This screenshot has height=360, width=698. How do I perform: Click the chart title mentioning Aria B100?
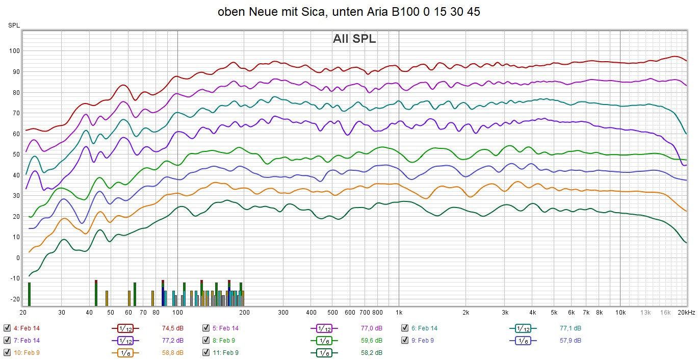(349, 12)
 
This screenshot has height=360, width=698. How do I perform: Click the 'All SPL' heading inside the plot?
(354, 39)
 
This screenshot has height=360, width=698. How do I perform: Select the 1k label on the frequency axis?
(399, 312)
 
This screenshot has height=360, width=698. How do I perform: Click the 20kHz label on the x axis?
(686, 312)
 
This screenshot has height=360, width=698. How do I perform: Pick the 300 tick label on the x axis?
(283, 312)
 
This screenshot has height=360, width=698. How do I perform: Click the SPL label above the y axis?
(14, 25)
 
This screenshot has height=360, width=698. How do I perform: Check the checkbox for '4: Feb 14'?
(7, 328)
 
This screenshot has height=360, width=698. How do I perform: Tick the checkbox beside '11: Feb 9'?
(206, 352)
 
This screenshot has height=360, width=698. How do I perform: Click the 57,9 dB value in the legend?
(570, 340)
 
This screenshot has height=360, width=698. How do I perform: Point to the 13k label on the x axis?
(645, 312)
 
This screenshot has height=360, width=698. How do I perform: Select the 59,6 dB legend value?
(372, 340)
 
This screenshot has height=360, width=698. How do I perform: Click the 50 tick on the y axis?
(15, 154)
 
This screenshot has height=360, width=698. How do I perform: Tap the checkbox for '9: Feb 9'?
(405, 340)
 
